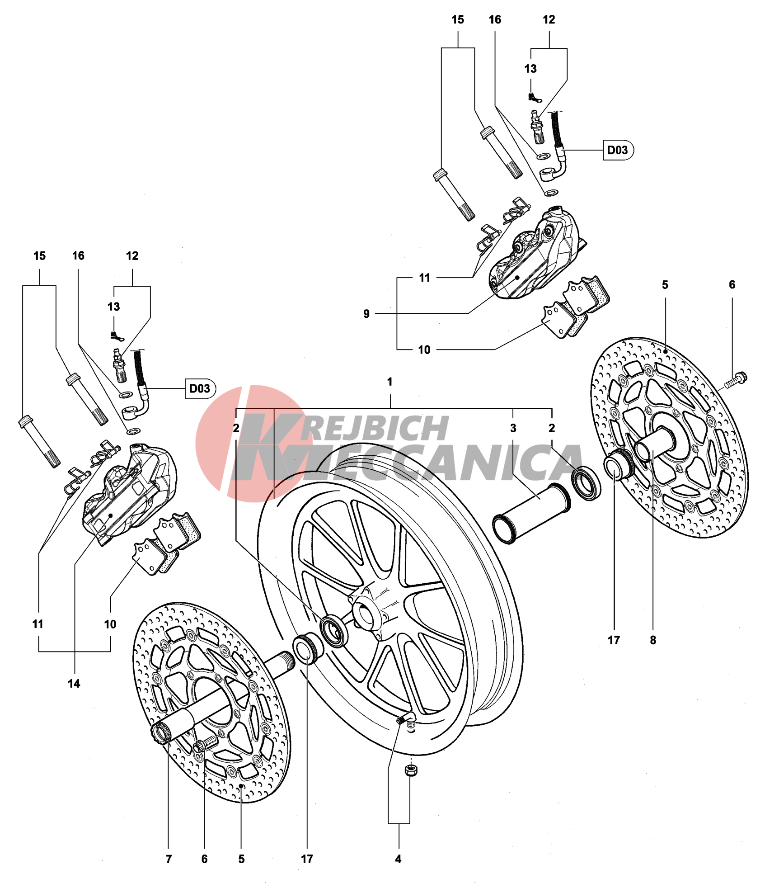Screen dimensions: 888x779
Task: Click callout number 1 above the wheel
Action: (x=389, y=382)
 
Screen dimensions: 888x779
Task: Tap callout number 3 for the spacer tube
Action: (x=513, y=428)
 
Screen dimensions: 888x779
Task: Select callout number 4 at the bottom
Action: (x=398, y=859)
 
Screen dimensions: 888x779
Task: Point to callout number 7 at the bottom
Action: (x=169, y=859)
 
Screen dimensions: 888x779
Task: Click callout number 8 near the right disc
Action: (x=653, y=640)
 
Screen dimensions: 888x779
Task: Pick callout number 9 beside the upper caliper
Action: (x=366, y=314)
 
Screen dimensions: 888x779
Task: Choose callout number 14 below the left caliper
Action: (x=74, y=684)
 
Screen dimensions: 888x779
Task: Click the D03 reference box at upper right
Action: (x=618, y=150)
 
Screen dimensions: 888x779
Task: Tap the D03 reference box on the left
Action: (x=200, y=388)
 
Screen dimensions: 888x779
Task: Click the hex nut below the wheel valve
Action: (x=411, y=770)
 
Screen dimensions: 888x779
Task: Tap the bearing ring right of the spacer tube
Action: (x=587, y=482)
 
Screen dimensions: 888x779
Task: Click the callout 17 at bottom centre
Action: (x=307, y=859)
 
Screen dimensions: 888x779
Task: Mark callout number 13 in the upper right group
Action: (x=530, y=69)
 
